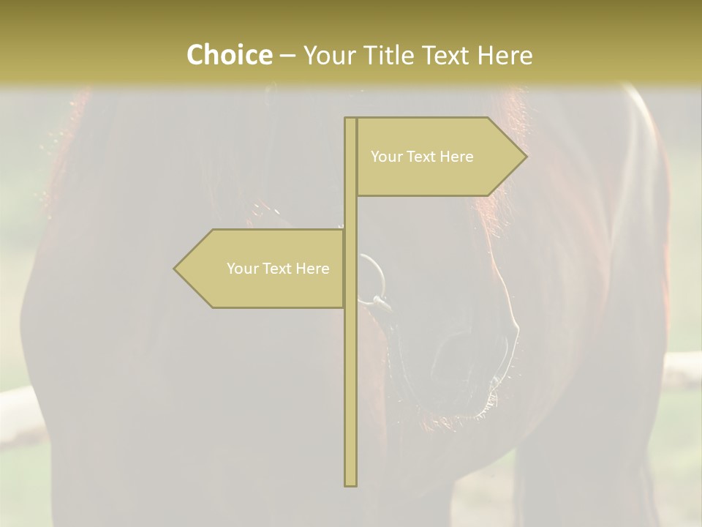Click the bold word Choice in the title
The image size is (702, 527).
point(229,56)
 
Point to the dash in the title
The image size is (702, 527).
point(287,56)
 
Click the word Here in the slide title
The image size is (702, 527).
point(505,56)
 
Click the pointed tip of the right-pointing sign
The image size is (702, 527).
point(525,156)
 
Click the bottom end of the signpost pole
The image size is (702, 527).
point(350,484)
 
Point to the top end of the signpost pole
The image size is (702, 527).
point(350,119)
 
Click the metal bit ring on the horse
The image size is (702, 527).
point(373,278)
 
